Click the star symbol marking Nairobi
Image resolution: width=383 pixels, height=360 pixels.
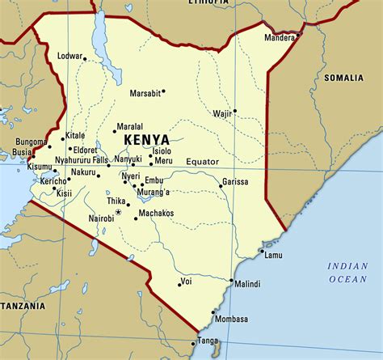point(118,212)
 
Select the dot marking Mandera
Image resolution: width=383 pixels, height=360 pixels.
point(299,35)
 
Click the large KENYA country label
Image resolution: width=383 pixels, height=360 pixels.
point(148,140)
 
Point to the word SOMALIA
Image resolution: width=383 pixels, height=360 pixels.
point(344,78)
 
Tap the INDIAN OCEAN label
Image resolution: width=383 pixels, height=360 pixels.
point(347,273)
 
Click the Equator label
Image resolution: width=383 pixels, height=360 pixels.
point(202,162)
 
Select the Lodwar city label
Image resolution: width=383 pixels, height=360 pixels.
point(72,56)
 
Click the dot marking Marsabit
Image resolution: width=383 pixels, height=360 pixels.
point(163,91)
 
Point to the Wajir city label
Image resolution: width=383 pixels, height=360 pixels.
point(222,114)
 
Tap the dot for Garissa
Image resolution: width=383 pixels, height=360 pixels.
point(221,186)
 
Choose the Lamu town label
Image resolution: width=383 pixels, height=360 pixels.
point(272,256)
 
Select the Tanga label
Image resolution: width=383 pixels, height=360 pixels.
point(208,341)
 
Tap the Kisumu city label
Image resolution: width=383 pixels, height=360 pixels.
point(17,167)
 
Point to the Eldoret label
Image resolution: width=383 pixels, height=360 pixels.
point(84,150)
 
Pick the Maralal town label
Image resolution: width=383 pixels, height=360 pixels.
point(130,127)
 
